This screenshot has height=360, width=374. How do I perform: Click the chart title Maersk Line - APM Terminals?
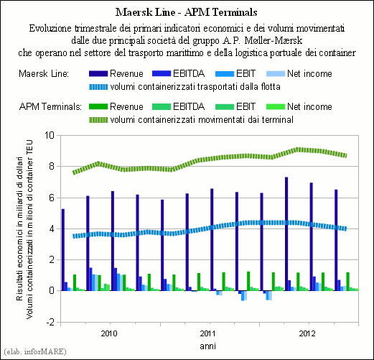[x=186, y=12]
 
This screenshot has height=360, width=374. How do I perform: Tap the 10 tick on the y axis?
[x=50, y=135]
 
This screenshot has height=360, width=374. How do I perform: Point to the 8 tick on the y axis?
[x=52, y=166]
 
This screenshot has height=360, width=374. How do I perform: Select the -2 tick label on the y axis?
[x=50, y=322]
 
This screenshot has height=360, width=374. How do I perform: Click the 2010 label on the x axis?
[x=109, y=333]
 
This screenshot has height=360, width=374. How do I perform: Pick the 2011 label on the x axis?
[x=208, y=333]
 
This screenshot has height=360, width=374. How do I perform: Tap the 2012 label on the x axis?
[x=307, y=333]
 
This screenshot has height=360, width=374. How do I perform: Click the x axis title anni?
[x=208, y=346]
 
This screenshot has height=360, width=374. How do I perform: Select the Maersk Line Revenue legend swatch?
[x=98, y=74]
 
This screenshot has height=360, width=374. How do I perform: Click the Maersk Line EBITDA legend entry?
[x=179, y=73]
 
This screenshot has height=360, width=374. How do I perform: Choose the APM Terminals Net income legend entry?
[x=299, y=106]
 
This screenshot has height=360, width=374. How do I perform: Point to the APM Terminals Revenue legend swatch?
[x=98, y=107]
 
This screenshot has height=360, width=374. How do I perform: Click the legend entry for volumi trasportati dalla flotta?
[x=184, y=87]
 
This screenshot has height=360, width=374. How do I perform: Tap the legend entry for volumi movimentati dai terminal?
[x=191, y=119]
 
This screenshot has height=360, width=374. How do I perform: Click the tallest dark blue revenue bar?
[x=286, y=234]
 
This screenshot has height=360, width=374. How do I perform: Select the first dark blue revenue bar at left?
[x=63, y=250]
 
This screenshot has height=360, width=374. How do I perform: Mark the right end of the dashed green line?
[x=346, y=155]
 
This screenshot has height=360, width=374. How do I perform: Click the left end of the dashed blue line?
[x=73, y=236]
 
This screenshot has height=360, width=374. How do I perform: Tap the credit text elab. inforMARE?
[x=35, y=351]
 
